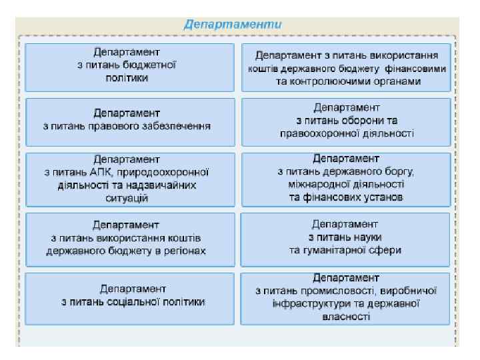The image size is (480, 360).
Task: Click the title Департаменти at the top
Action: coord(233,24)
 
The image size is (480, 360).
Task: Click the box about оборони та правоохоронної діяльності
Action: coord(345,121)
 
